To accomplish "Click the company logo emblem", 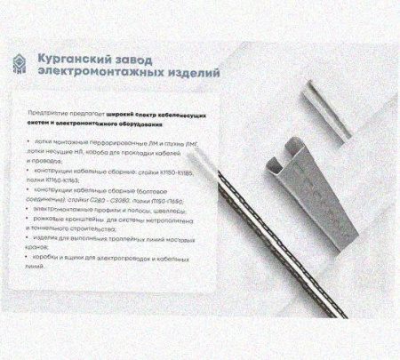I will (x=20, y=65).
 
